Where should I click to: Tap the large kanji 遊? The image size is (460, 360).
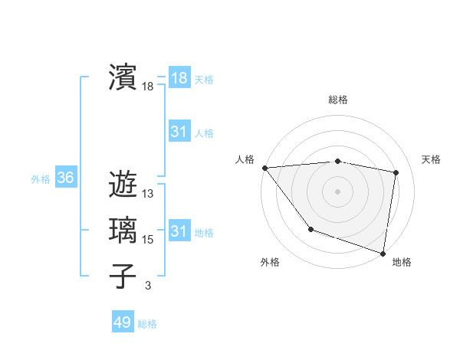[123, 184]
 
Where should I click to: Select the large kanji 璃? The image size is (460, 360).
[123, 230]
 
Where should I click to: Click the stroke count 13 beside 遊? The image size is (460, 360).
[148, 194]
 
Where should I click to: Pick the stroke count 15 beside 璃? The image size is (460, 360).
[148, 240]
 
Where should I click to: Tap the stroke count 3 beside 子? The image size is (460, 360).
[148, 286]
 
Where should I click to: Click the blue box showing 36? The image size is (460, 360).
[65, 178]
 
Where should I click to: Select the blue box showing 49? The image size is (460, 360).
[123, 322]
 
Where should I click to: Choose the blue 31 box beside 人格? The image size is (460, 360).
[179, 132]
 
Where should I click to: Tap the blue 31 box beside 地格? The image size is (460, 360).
[179, 231]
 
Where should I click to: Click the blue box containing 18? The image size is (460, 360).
[179, 78]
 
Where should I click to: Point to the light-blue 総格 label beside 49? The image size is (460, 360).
[147, 324]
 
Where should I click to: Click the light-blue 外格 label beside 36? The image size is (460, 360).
[41, 179]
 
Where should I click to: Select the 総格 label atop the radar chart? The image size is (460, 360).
[337, 100]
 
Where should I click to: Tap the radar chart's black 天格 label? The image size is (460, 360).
[431, 159]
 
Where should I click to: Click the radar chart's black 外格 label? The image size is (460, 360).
[270, 262]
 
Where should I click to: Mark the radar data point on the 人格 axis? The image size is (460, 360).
[264, 168]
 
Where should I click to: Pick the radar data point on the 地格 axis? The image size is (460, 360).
[383, 252]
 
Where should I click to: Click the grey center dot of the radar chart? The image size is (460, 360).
[337, 191]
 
